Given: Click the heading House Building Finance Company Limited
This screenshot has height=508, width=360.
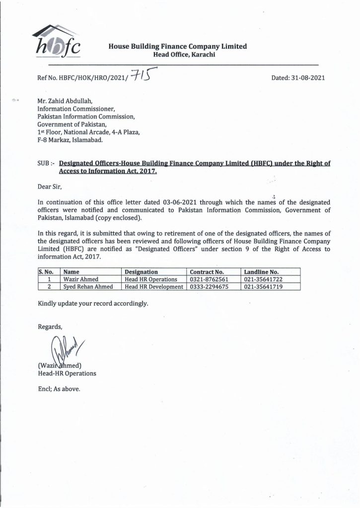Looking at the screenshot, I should pyautogui.click(x=178, y=46).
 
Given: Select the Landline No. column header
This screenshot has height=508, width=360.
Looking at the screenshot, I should pyautogui.click(x=261, y=272).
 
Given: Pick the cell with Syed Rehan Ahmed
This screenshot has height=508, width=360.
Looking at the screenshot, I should pyautogui.click(x=87, y=287).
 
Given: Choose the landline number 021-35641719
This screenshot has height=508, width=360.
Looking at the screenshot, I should pyautogui.click(x=263, y=287).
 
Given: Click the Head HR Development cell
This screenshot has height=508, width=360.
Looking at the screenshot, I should pyautogui.click(x=154, y=287).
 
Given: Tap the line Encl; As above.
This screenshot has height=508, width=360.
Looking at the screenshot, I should pyautogui.click(x=59, y=388).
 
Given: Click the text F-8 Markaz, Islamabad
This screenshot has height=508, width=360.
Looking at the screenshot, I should pyautogui.click(x=71, y=140).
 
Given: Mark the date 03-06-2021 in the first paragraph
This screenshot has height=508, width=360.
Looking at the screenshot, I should pyautogui.click(x=181, y=202).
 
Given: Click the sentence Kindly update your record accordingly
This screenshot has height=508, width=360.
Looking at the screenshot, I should pyautogui.click(x=93, y=303).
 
